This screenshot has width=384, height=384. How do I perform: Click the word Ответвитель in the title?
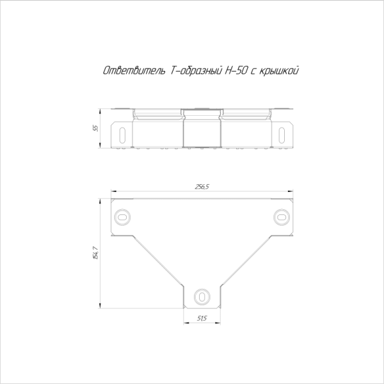134,71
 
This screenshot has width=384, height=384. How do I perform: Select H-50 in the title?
236,71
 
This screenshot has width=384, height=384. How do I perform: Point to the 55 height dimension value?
95,129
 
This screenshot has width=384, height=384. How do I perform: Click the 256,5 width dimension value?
202,187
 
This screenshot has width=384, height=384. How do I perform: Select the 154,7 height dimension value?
95,253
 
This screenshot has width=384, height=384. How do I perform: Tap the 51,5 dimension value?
202,318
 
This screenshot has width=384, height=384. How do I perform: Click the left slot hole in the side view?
122,135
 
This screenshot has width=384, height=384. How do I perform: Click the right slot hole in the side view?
282,135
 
